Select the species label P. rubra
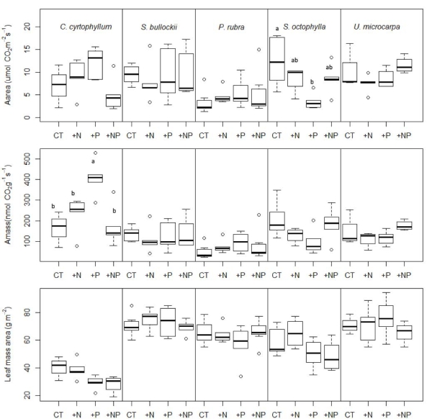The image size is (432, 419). coord(231,27)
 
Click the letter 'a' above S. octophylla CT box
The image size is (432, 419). coord(276,29)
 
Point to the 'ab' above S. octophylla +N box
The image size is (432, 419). coord(294,60)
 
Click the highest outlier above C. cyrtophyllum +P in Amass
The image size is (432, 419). coord(95,153)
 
